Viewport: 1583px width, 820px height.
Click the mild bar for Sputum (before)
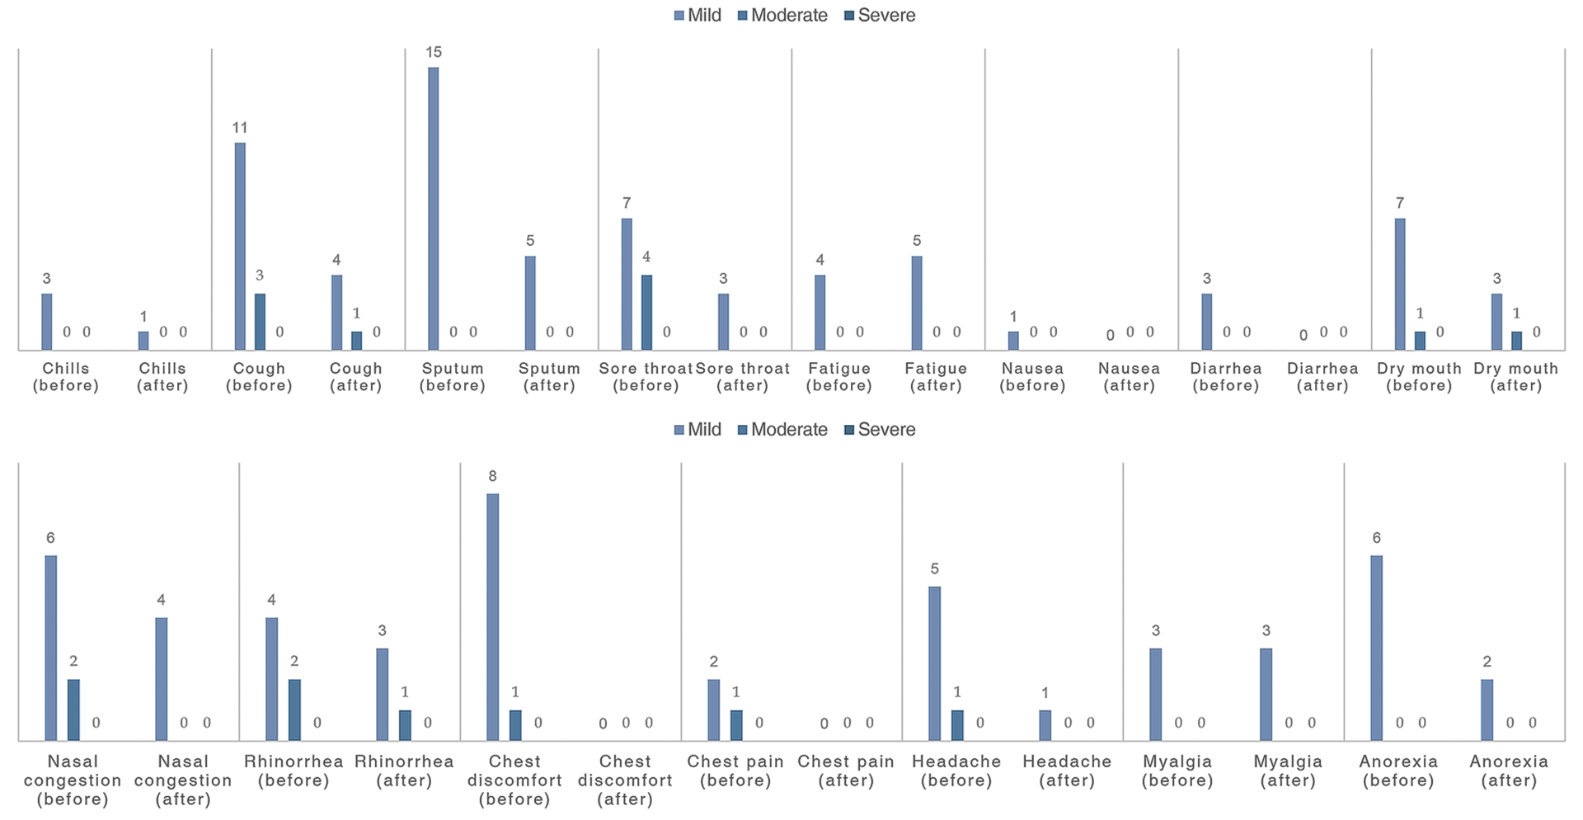pyautogui.click(x=434, y=209)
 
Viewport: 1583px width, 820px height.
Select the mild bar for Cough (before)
pyautogui.click(x=240, y=247)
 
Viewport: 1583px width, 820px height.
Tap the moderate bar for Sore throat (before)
pyautogui.click(x=646, y=313)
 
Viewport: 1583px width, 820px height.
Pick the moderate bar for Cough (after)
pyautogui.click(x=356, y=341)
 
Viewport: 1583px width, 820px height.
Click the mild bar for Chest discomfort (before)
pyautogui.click(x=492, y=617)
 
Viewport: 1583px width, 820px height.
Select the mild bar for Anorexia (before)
pyautogui.click(x=1376, y=648)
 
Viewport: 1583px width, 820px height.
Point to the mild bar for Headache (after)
pyautogui.click(x=1045, y=725)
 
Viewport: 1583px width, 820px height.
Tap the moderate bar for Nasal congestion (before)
pyautogui.click(x=73, y=709)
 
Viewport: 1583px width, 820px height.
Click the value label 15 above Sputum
pyautogui.click(x=434, y=53)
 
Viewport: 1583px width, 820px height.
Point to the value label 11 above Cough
pyautogui.click(x=240, y=128)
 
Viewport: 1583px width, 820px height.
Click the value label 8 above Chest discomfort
pyautogui.click(x=492, y=477)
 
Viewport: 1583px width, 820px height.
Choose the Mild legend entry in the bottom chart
pyautogui.click(x=698, y=430)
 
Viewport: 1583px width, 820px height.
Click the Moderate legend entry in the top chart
pyautogui.click(x=782, y=16)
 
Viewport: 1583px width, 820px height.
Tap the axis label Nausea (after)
pyautogui.click(x=1129, y=377)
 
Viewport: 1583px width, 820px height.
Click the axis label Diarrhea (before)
pyautogui.click(x=1226, y=377)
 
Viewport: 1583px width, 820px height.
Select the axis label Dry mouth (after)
pyautogui.click(x=1516, y=377)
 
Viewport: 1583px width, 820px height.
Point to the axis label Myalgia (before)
pyautogui.click(x=1177, y=771)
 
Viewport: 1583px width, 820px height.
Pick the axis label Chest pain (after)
pyautogui.click(x=846, y=771)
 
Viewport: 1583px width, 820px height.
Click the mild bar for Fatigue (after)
pyautogui.click(x=917, y=303)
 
